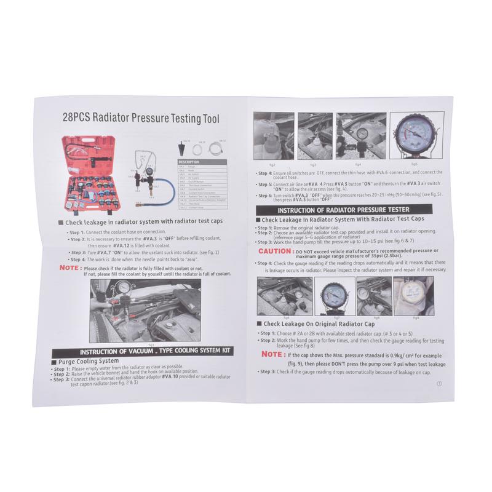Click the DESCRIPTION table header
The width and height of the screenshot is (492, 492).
pyautogui.click(x=191, y=162)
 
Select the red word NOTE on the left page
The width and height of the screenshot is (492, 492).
pyautogui.click(x=68, y=268)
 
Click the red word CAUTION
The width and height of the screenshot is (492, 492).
pyautogui.click(x=275, y=251)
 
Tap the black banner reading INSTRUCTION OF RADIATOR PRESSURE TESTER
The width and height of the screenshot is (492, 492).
pyautogui.click(x=342, y=210)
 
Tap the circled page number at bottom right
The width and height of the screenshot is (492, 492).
pyautogui.click(x=439, y=383)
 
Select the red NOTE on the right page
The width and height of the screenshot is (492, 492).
pyautogui.click(x=272, y=354)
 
